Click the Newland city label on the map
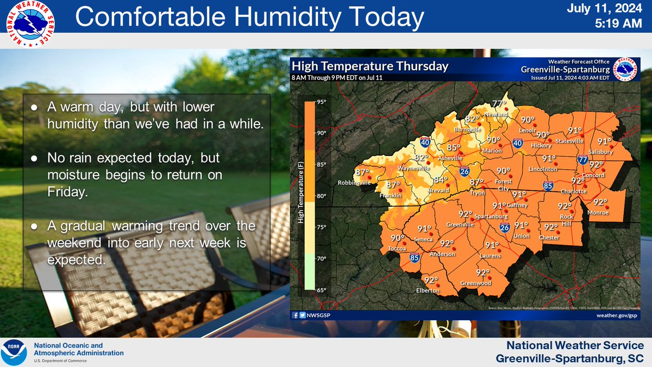pos(497,115)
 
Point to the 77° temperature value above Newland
pos(499,104)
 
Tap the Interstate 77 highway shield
pos(582,159)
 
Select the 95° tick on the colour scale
pos(321,102)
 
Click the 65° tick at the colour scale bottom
pos(321,290)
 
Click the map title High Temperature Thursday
pos(370,66)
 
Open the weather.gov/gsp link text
pos(616,315)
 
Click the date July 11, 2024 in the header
pos(611,9)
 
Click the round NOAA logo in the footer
pos(15,352)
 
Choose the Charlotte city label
pos(574,191)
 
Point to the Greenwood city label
pos(475,283)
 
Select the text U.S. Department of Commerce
pos(63,361)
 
